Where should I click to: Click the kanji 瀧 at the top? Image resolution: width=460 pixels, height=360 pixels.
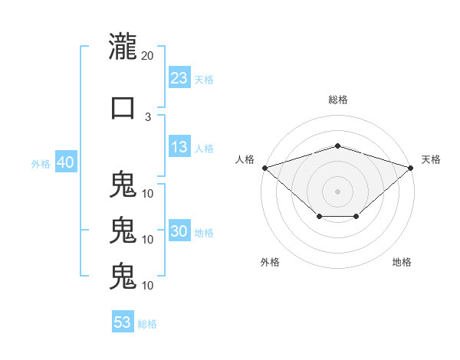coord(123,46)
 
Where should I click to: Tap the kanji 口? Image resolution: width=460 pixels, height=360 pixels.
coord(123,108)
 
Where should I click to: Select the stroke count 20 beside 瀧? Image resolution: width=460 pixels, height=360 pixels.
coord(147,56)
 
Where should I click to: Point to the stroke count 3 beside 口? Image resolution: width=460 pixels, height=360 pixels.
coord(148,117)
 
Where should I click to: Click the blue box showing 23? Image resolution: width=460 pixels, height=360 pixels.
coord(179,77)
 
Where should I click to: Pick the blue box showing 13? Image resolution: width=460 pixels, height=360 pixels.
coord(179,146)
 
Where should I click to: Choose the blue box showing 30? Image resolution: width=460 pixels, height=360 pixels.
coord(179,230)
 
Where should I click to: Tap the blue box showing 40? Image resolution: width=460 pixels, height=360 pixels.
coord(66,162)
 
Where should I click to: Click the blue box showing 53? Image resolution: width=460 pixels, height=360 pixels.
coord(123,321)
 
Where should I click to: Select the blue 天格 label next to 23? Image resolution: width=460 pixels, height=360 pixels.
coord(204,80)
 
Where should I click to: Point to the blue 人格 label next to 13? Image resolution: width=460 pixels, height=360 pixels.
coord(204,149)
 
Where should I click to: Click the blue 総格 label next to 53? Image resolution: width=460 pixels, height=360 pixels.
coord(147,324)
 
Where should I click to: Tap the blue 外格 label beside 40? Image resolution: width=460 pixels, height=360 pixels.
coord(41,164)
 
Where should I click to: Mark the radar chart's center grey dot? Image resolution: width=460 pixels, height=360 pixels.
coord(337,191)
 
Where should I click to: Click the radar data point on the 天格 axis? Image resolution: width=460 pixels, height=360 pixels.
coord(411,168)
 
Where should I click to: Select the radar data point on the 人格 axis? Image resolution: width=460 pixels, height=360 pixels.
coord(265,168)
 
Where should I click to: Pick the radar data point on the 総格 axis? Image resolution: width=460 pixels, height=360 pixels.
coord(337,146)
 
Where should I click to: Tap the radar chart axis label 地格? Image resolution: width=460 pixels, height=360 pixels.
coord(402,262)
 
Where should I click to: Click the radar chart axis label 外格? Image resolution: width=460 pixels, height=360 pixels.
coord(270,262)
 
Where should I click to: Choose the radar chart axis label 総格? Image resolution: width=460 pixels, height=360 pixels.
coord(338,100)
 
